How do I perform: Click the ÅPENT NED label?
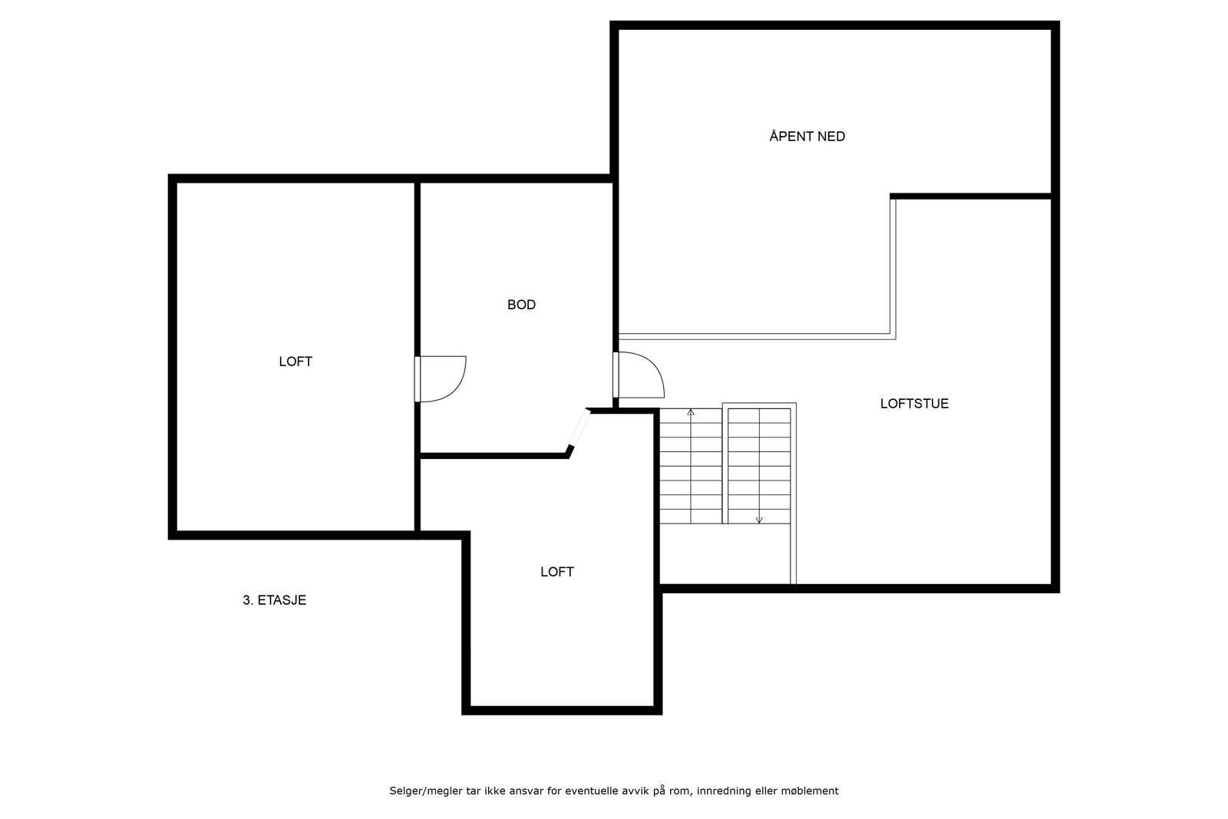pyautogui.click(x=807, y=137)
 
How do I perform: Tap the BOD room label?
pyautogui.click(x=521, y=305)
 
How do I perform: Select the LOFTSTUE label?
pyautogui.click(x=914, y=404)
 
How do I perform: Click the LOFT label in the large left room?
pyautogui.click(x=295, y=362)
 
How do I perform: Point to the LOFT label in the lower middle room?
pyautogui.click(x=557, y=572)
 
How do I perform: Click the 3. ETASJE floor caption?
pyautogui.click(x=275, y=600)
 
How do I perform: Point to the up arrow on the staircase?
pyautogui.click(x=691, y=413)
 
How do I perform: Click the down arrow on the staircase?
pyautogui.click(x=759, y=520)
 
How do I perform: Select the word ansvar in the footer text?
pyautogui.click(x=525, y=791)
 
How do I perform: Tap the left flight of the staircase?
pyautogui.click(x=691, y=467)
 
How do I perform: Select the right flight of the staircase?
pyautogui.click(x=759, y=465)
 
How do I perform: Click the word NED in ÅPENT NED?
pyautogui.click(x=831, y=137)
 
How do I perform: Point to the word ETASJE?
pyautogui.click(x=282, y=600)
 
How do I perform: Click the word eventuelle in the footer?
pyautogui.click(x=590, y=791)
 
